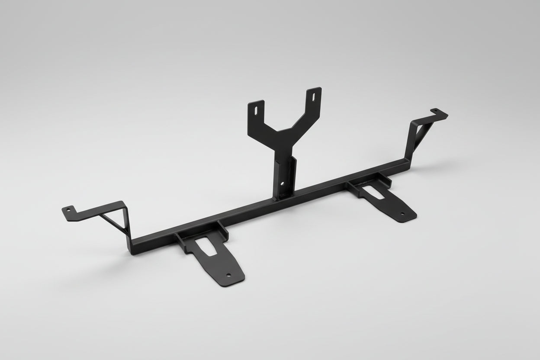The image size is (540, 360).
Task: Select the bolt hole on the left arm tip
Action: (67, 210)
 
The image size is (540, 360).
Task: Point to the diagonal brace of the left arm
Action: (113, 222)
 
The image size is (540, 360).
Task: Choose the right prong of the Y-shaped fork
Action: (311, 102)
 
